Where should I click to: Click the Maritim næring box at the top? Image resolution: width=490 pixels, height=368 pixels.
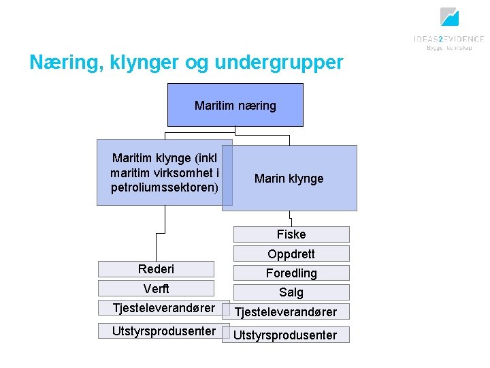click(235, 105)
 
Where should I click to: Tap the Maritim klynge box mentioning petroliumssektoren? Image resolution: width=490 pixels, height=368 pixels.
click(164, 172)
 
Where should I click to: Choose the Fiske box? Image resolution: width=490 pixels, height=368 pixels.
click(291, 234)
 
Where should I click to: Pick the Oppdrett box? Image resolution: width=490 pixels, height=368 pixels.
click(291, 254)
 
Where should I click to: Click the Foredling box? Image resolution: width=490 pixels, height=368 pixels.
click(291, 273)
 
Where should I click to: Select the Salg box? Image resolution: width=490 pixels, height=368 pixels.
click(291, 292)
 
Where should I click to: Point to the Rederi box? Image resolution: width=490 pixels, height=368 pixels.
click(156, 269)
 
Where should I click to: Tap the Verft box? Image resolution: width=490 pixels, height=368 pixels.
click(156, 288)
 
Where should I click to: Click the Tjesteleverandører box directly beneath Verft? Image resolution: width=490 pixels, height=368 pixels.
click(156, 308)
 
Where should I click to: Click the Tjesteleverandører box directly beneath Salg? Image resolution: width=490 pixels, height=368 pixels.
click(286, 312)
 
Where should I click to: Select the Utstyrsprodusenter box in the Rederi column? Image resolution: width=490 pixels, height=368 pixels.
click(156, 331)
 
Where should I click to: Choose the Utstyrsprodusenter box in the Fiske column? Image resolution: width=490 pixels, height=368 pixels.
click(286, 335)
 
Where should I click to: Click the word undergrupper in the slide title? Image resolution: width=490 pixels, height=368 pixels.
click(279, 63)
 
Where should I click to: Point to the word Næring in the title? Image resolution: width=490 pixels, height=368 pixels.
click(59, 63)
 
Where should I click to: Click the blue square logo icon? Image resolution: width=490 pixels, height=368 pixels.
click(449, 16)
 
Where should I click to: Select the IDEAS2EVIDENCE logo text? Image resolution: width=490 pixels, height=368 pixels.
click(448, 39)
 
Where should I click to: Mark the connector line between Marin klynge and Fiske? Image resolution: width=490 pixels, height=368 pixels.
click(291, 219)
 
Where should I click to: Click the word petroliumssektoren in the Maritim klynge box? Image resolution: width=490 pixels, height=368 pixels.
click(164, 187)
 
